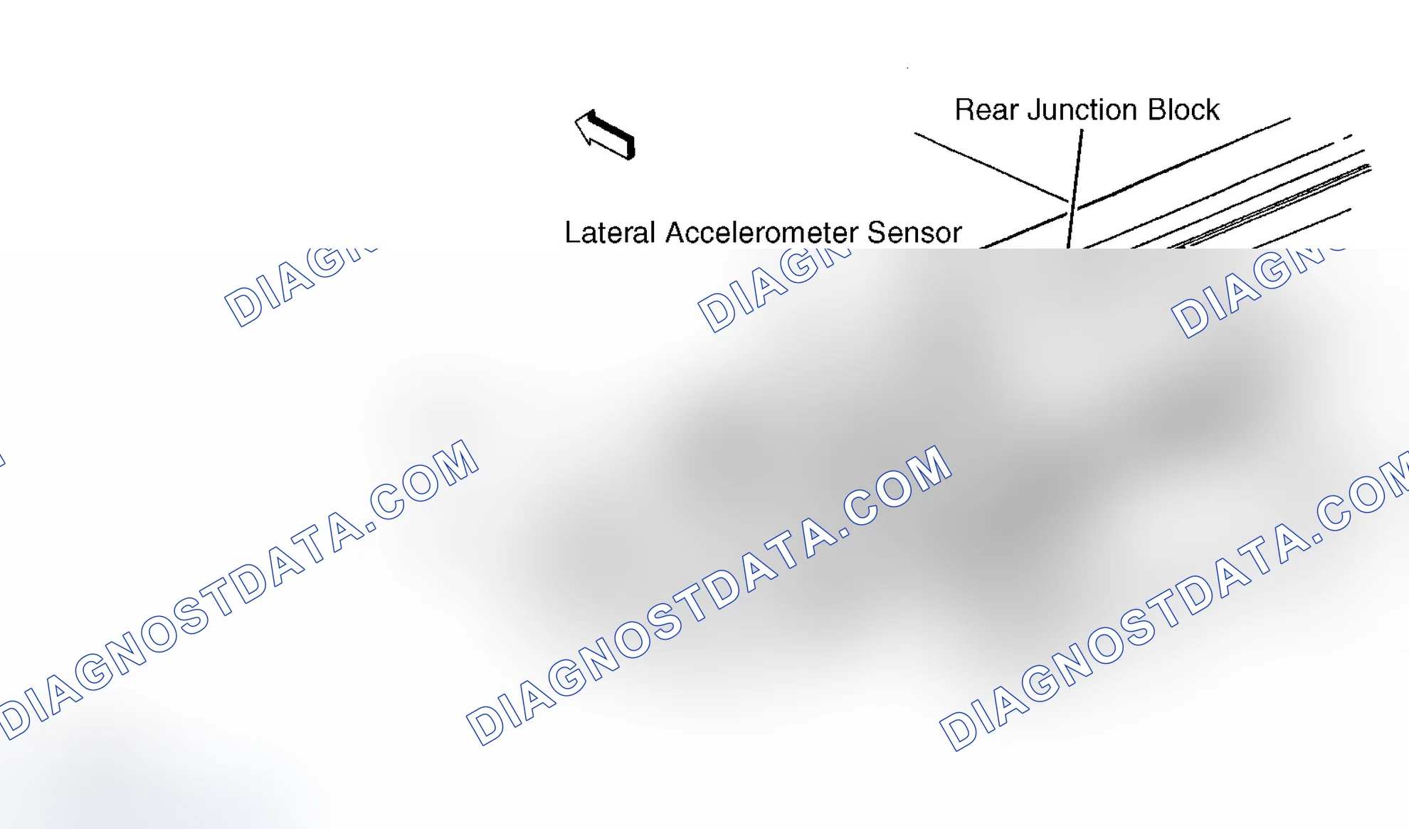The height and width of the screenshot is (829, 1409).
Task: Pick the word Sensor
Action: [914, 233]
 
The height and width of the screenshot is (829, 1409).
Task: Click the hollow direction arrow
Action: [605, 135]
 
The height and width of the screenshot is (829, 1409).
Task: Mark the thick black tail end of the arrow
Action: [630, 148]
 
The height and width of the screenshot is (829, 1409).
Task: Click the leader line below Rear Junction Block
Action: [1075, 189]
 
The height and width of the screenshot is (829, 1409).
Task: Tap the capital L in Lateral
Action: [573, 233]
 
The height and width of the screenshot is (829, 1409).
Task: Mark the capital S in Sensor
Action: [877, 233]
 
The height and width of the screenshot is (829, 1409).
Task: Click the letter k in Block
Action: [1212, 110]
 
